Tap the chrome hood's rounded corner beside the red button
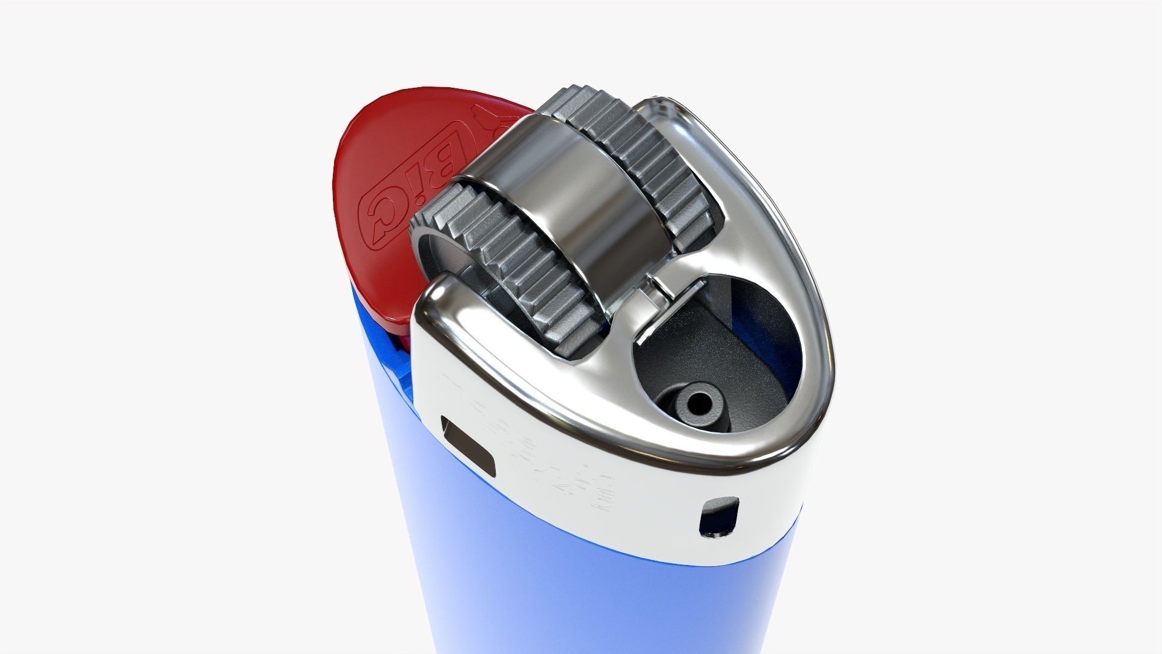pyautogui.click(x=436, y=303)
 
